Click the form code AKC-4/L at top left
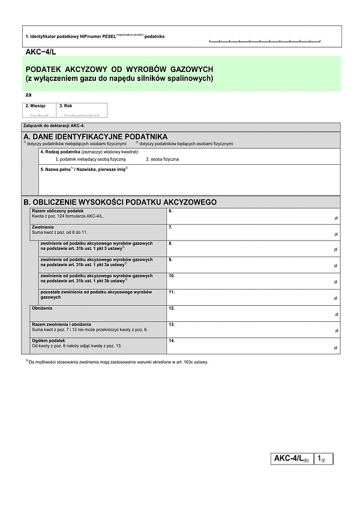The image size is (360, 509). [x=41, y=53]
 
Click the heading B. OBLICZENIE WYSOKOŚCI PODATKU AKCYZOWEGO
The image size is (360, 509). [x=119, y=202]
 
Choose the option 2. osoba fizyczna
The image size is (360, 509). [x=162, y=159]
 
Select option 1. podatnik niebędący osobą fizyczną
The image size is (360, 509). [x=91, y=159]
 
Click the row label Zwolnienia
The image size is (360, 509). [x=43, y=228]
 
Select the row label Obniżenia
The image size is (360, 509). [x=42, y=308]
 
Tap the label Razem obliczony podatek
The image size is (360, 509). [x=58, y=211]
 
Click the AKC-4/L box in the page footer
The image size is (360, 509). [x=291, y=459]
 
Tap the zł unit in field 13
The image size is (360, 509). [x=336, y=332]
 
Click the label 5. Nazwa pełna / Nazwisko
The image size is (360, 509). [x=83, y=170]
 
